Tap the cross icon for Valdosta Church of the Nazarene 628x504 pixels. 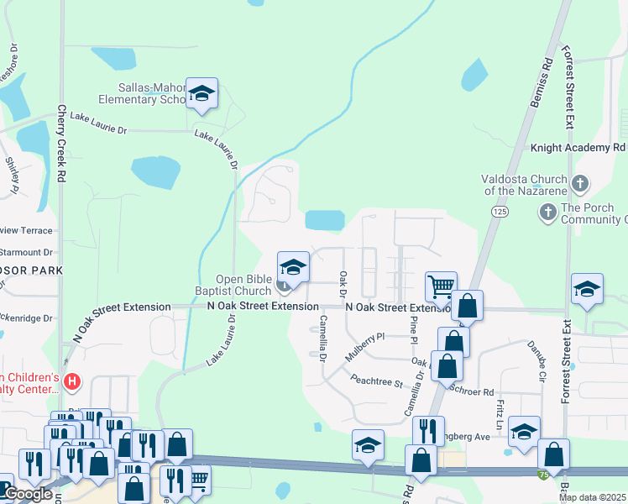click(580, 183)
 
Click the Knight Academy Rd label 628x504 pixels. click(578, 148)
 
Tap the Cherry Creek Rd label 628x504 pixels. click(61, 144)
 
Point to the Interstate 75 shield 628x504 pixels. click(544, 475)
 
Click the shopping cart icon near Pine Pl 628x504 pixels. click(441, 286)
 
